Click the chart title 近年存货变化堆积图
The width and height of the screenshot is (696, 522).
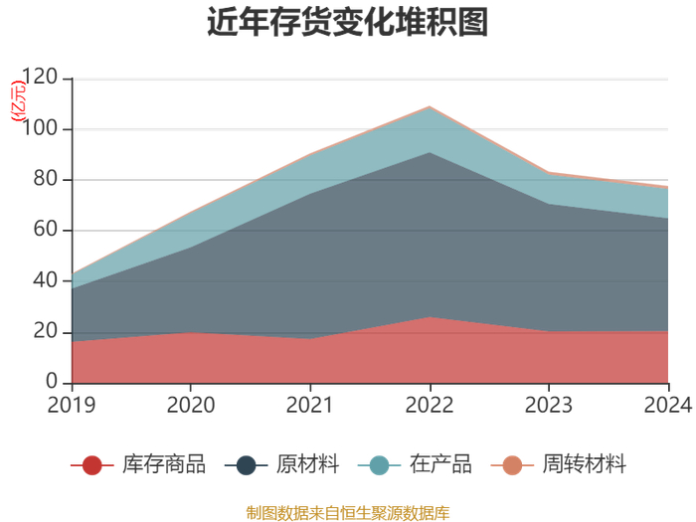pyautogui.click(x=348, y=21)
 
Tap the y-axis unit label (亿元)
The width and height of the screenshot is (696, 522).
pyautogui.click(x=18, y=100)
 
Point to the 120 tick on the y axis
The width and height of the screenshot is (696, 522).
pyautogui.click(x=40, y=78)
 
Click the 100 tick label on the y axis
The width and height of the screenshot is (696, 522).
pyautogui.click(x=40, y=128)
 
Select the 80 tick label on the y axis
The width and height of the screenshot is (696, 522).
pyautogui.click(x=46, y=179)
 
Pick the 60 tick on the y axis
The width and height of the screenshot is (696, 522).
pyautogui.click(x=46, y=230)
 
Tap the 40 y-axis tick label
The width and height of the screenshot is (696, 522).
pyautogui.click(x=46, y=280)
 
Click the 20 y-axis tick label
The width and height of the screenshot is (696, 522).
pyautogui.click(x=46, y=331)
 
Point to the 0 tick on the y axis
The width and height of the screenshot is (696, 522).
pyautogui.click(x=52, y=382)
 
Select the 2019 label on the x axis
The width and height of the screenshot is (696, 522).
pyautogui.click(x=72, y=406)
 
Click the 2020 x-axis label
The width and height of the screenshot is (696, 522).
pyautogui.click(x=191, y=406)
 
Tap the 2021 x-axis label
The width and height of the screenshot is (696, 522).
pyautogui.click(x=310, y=406)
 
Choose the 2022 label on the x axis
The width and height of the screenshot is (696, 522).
pyautogui.click(x=430, y=406)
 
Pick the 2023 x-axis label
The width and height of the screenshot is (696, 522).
pyautogui.click(x=549, y=406)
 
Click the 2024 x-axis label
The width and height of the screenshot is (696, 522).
pyautogui.click(x=668, y=406)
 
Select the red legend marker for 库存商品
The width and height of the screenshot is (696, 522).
pyautogui.click(x=92, y=465)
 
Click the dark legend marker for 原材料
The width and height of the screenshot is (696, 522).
pyautogui.click(x=247, y=465)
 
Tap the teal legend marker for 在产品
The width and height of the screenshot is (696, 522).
pyautogui.click(x=379, y=465)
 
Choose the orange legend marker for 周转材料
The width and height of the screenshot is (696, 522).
pyautogui.click(x=512, y=465)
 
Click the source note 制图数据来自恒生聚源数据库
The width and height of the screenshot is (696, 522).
pyautogui.click(x=348, y=513)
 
